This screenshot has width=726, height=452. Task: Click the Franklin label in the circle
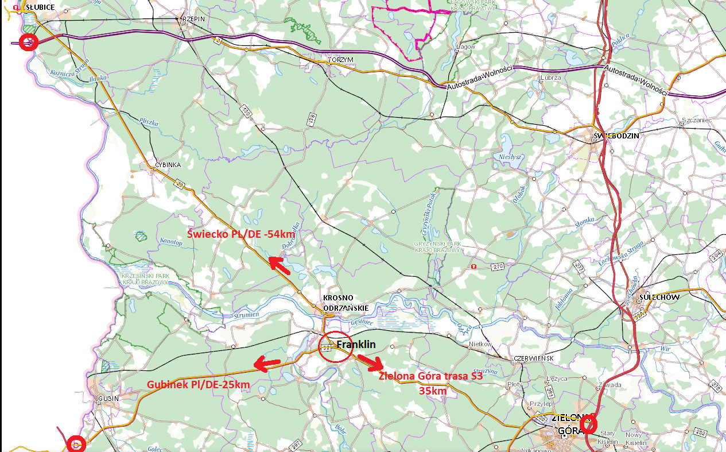[356, 345]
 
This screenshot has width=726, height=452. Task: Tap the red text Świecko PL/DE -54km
[242, 234]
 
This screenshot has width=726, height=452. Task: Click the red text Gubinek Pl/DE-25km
[198, 384]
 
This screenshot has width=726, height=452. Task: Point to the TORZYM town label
[341, 60]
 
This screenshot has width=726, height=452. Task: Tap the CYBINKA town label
[168, 165]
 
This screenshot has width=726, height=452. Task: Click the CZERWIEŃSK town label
[534, 358]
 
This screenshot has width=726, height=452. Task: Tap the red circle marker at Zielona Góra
[588, 425]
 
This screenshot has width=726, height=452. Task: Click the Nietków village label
[481, 344]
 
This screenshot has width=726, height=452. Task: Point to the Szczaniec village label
[696, 120]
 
